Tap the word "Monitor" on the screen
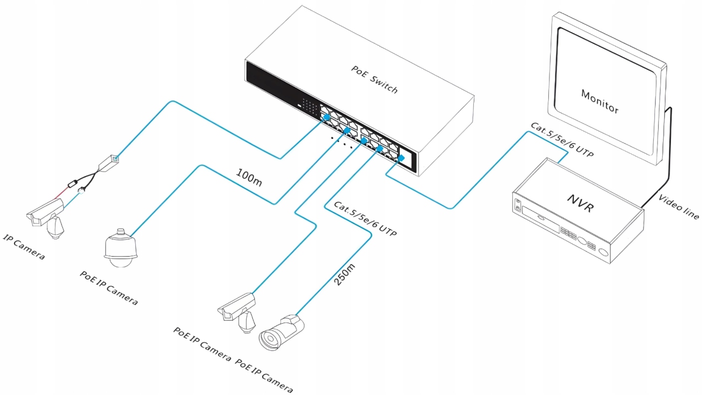(x=600, y=101)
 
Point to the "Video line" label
(x=679, y=206)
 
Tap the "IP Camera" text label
(x=24, y=247)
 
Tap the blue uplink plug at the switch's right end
(x=401, y=158)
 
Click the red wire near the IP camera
(x=63, y=192)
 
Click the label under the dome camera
(x=108, y=288)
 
